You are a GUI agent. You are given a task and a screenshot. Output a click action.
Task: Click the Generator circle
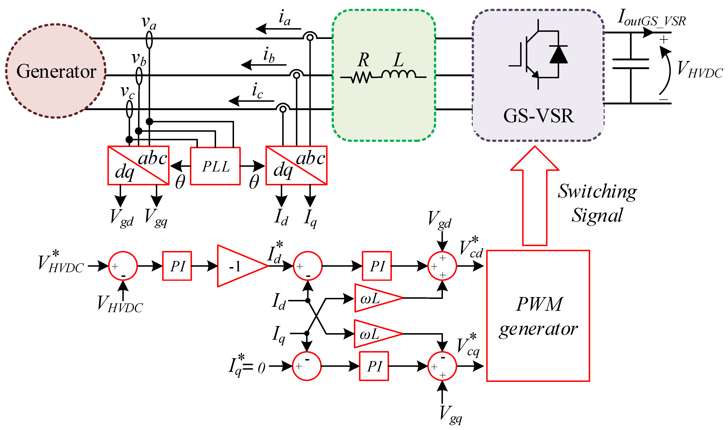coord(56,71)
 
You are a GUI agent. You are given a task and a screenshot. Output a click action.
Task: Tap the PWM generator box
coord(538,316)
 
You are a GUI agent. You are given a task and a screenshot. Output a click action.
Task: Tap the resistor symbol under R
coord(361,77)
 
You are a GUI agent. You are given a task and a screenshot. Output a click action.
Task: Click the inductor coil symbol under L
coord(399,75)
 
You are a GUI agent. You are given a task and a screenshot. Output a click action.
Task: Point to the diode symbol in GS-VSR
coord(559,55)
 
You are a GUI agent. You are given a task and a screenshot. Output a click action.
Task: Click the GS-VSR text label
coord(538,116)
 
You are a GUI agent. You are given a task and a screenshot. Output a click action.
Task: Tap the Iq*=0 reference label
coord(247,366)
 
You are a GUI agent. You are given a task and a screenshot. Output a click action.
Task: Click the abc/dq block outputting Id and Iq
coord(296,165)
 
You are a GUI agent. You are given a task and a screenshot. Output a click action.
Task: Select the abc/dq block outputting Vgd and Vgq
coord(138,165)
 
